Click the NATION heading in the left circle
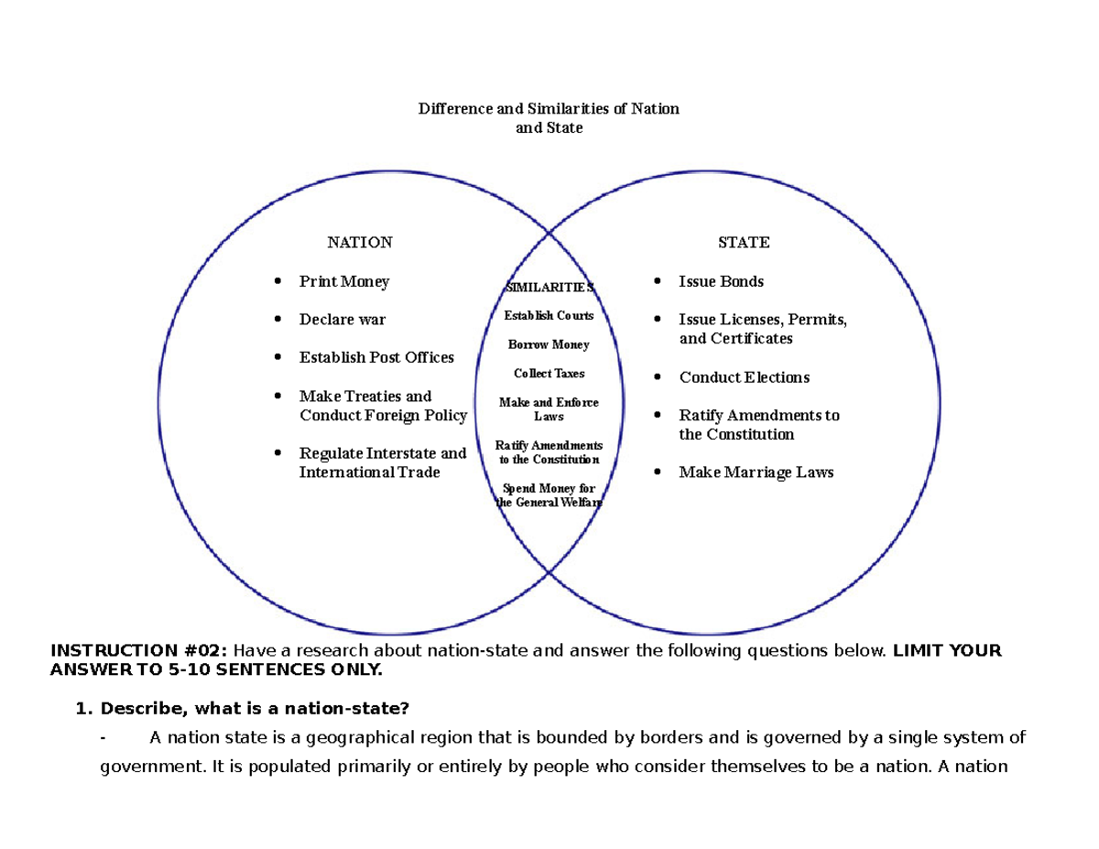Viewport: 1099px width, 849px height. tap(360, 243)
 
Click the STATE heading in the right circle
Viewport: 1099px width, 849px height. tap(744, 243)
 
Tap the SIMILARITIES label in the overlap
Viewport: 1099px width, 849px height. tap(549, 288)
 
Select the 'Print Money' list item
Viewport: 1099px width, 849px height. tap(344, 282)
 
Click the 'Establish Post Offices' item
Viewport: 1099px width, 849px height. tap(376, 357)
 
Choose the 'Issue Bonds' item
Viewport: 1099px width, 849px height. tap(721, 282)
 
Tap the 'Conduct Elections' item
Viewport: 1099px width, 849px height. tap(745, 377)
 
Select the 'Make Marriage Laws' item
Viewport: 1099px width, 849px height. tap(756, 473)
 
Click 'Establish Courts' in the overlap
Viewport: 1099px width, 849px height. tap(549, 316)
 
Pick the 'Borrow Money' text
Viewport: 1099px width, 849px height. tap(549, 345)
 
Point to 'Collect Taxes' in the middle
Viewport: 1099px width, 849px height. tap(549, 374)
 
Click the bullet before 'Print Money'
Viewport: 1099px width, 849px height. tap(277, 282)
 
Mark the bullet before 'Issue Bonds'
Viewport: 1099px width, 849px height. tap(656, 282)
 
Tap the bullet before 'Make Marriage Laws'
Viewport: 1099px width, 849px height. tap(656, 473)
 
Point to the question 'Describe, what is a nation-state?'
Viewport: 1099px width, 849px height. tap(256, 708)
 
